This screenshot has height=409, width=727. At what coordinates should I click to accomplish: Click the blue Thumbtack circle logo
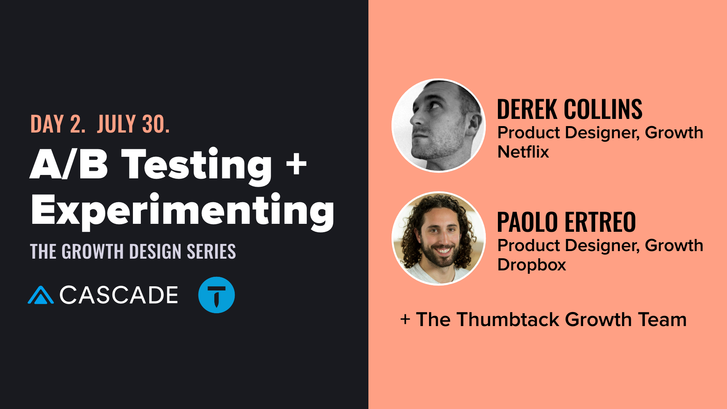(x=217, y=295)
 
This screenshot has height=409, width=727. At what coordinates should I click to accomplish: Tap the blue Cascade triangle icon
(x=41, y=296)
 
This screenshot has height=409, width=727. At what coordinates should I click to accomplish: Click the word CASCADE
(x=119, y=295)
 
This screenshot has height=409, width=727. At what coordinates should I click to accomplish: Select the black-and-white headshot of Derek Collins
(x=439, y=125)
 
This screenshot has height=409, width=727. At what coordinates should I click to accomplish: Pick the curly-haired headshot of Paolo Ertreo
(x=439, y=238)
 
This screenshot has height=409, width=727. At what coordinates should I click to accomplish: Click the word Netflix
(x=523, y=152)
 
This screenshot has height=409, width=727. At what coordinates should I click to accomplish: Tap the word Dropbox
(x=532, y=265)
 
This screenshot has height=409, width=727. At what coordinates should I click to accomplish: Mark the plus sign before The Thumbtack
(x=405, y=320)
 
